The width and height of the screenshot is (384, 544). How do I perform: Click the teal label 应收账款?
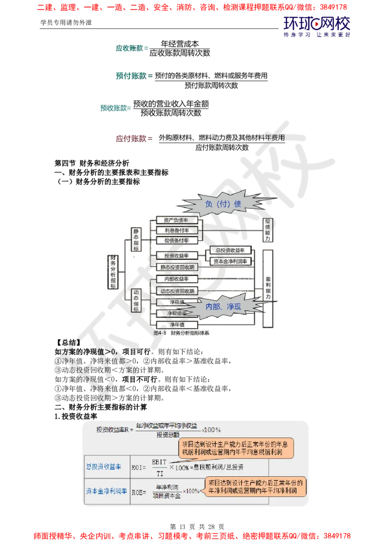[130, 48]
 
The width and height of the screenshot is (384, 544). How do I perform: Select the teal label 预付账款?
[133, 76]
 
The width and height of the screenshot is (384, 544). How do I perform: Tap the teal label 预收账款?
[114, 108]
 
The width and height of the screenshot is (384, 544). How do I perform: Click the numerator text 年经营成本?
[180, 43]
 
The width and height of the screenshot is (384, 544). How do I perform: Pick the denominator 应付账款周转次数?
[222, 148]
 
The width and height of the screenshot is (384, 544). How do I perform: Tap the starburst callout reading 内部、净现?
[223, 306]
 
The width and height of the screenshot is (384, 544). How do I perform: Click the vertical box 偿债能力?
[267, 230]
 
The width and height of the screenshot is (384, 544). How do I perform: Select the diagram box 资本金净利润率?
[230, 261]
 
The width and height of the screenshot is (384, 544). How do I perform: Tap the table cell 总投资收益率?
[104, 467]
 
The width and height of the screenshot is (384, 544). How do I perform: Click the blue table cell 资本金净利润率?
[107, 491]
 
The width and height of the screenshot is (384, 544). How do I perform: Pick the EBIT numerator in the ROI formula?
[159, 461]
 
